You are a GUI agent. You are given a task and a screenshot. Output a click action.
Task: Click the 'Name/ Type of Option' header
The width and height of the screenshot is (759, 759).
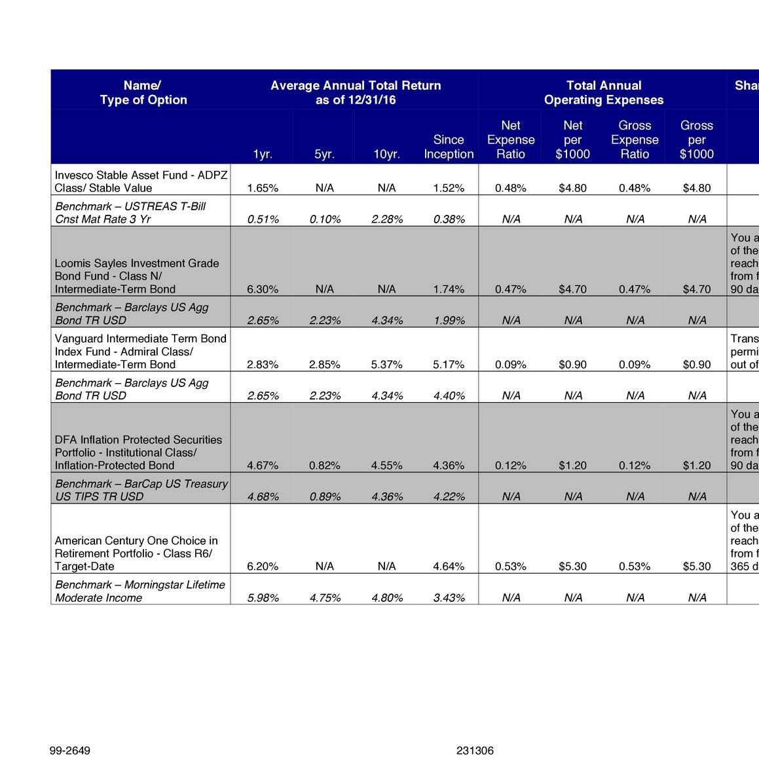(x=143, y=92)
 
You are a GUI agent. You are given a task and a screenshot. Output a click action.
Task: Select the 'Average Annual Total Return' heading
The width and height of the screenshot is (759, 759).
(x=356, y=92)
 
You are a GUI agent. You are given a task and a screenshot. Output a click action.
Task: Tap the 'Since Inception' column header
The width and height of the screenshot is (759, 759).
(x=449, y=147)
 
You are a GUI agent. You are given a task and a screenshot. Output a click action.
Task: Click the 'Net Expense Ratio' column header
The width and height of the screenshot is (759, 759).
(x=511, y=139)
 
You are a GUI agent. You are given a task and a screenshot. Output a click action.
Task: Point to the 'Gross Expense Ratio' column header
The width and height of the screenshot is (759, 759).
(x=635, y=139)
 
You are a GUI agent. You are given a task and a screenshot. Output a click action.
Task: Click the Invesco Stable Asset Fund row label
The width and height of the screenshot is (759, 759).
(x=141, y=181)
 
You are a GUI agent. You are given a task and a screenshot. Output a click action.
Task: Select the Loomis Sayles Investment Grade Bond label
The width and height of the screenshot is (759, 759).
(x=136, y=276)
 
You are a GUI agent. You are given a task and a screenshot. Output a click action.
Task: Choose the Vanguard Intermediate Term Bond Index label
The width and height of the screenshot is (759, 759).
(x=140, y=351)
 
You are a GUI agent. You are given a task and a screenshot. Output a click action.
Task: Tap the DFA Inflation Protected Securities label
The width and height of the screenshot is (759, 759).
(x=138, y=453)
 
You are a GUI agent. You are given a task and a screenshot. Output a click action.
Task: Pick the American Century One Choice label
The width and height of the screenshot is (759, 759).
(x=136, y=553)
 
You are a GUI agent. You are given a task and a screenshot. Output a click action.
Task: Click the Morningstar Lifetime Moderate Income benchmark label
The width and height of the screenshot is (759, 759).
(x=139, y=591)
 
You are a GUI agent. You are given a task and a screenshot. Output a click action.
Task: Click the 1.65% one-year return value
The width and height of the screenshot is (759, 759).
(x=263, y=189)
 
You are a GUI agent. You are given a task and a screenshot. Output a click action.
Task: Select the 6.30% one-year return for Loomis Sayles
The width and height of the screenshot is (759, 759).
(x=263, y=289)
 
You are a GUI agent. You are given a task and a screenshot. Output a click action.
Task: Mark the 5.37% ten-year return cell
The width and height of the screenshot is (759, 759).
(x=386, y=365)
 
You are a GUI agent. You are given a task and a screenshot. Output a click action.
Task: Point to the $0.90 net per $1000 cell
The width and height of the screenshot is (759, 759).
(x=572, y=365)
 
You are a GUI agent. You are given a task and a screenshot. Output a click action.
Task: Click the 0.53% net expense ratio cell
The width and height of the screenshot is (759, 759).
(x=511, y=566)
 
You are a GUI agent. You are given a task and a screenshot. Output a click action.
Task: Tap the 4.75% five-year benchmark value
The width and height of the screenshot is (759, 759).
(x=325, y=598)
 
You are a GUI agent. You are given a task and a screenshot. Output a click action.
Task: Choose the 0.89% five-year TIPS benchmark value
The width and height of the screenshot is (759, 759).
(x=325, y=497)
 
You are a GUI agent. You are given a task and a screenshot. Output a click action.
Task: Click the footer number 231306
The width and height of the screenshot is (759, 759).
(x=475, y=750)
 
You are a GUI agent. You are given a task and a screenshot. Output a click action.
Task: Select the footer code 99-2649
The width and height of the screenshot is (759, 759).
(x=70, y=750)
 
